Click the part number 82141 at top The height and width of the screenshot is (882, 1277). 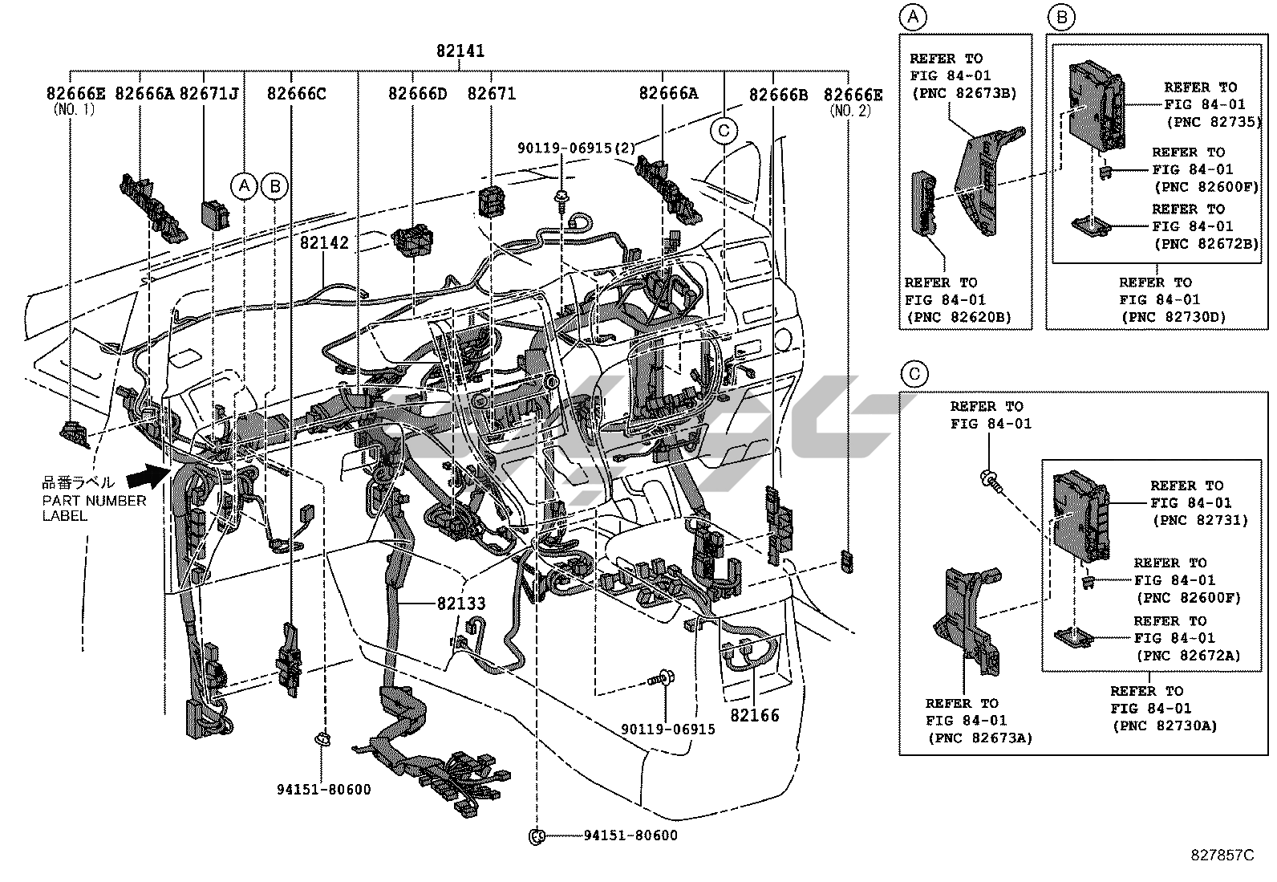pyautogui.click(x=460, y=51)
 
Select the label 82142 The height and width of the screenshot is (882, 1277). pyautogui.click(x=325, y=242)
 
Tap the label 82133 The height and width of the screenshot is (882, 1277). pyautogui.click(x=461, y=604)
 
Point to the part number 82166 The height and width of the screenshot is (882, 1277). pyautogui.click(x=754, y=714)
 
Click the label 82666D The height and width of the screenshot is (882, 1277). pyautogui.click(x=417, y=94)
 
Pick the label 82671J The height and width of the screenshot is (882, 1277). pyautogui.click(x=209, y=94)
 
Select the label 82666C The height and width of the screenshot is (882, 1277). pyautogui.click(x=297, y=94)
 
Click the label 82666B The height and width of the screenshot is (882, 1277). pyautogui.click(x=778, y=95)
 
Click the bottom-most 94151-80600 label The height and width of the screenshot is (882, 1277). pyautogui.click(x=630, y=835)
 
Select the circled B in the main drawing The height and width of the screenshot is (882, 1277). pyautogui.click(x=274, y=186)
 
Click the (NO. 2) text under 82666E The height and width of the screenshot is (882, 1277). pyautogui.click(x=852, y=111)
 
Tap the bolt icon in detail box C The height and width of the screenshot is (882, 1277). pyautogui.click(x=988, y=480)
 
